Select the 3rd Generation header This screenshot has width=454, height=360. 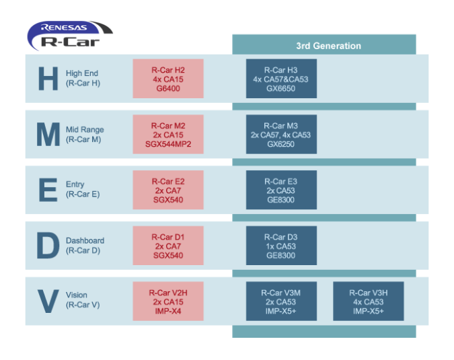328,46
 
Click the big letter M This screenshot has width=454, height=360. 48,135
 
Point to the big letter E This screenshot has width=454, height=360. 48,190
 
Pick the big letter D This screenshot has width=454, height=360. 48,246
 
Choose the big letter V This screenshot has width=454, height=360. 48,301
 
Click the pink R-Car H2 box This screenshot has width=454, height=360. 167,79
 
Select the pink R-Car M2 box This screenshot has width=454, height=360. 167,135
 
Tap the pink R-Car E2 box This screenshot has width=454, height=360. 167,190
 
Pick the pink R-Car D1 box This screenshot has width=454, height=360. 167,246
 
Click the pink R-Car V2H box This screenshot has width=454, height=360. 167,301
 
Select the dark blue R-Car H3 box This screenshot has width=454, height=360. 280,79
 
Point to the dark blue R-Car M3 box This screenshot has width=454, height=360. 280,135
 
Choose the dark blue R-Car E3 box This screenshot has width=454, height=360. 280,190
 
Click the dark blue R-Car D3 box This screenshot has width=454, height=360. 280,246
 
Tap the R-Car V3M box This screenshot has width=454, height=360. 280,301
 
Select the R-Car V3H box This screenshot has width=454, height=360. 368,301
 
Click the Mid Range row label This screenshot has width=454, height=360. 85,135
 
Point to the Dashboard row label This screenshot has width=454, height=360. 85,246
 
